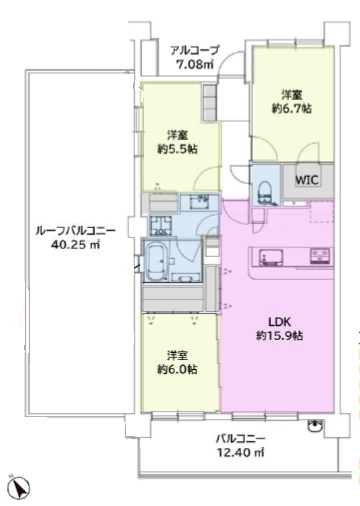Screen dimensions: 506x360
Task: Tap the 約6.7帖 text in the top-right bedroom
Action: [x=293, y=108]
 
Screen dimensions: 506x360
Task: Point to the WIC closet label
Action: [x=305, y=180]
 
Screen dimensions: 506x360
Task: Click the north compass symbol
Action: [x=15, y=487]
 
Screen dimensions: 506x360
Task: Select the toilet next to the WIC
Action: [x=266, y=188]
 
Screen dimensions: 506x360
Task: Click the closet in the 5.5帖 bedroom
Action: [x=210, y=105]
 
